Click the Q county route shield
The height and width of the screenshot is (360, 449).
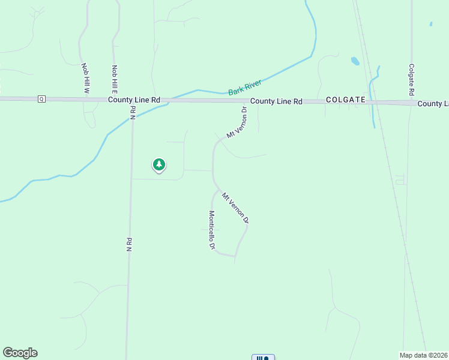pyautogui.click(x=41, y=98)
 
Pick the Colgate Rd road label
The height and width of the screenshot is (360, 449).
pyautogui.click(x=411, y=80)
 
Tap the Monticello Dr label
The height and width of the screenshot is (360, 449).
pyautogui.click(x=212, y=230)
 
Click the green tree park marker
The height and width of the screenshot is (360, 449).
pyautogui.click(x=158, y=164)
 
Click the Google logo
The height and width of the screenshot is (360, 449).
pyautogui.click(x=20, y=353)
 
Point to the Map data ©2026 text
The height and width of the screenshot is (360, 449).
pyautogui.click(x=424, y=355)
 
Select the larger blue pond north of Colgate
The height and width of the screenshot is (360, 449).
pyautogui.click(x=355, y=61)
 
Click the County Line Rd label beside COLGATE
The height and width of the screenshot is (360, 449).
pyautogui.click(x=276, y=101)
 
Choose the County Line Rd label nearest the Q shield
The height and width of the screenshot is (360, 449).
pyautogui.click(x=134, y=100)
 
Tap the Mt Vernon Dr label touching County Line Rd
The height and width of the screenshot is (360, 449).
pyautogui.click(x=237, y=122)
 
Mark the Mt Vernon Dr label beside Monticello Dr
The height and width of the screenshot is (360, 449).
pyautogui.click(x=235, y=208)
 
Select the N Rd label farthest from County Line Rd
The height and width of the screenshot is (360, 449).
pyautogui.click(x=128, y=244)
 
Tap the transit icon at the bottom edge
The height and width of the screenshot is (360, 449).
pyautogui.click(x=263, y=357)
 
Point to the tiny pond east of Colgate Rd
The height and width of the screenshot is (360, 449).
pyautogui.click(x=430, y=24)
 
